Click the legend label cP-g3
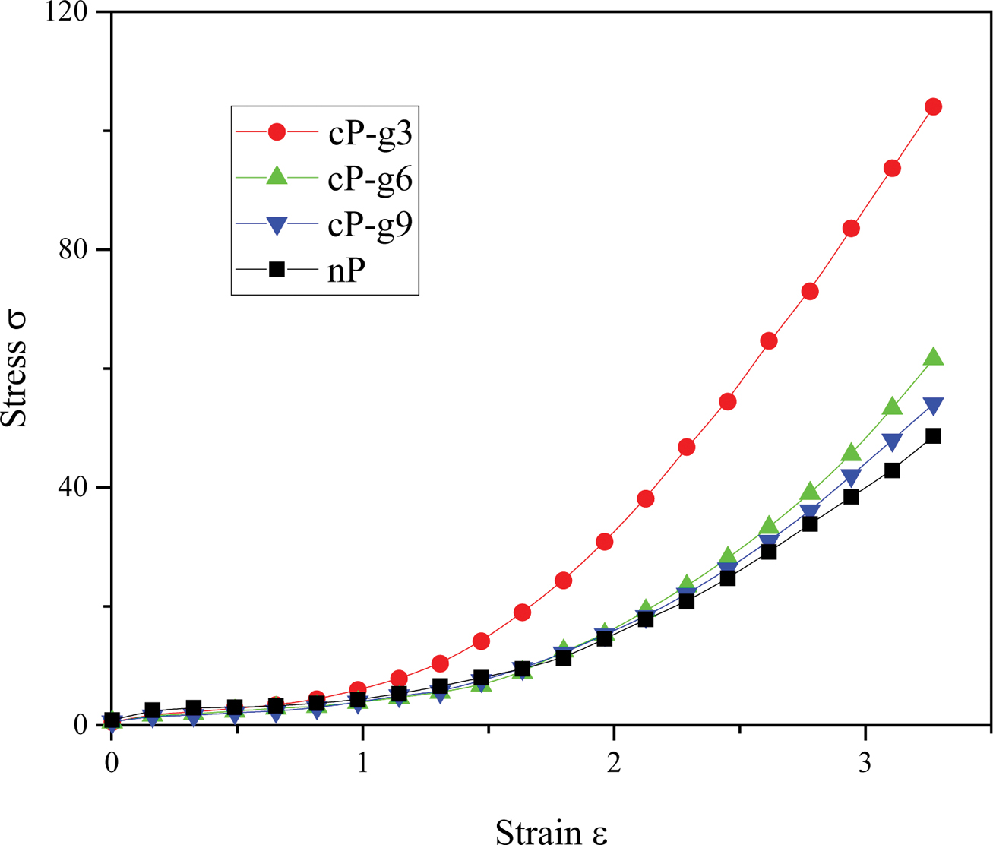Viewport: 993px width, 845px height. coord(370,134)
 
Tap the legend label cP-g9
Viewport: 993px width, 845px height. coord(370,226)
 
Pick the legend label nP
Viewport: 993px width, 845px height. coord(347,271)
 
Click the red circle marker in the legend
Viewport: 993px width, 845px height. coord(277,132)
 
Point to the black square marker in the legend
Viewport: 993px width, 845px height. coord(277,269)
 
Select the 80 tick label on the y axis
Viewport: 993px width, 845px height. coord(74,249)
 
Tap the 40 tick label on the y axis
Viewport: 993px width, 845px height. coord(74,487)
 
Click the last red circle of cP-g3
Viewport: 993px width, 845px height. coord(933,107)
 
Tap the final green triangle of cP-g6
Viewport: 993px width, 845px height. coord(933,357)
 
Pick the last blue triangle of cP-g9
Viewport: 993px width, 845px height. coord(933,407)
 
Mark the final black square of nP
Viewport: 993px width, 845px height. coord(933,436)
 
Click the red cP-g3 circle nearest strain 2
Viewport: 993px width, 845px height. coord(605,542)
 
